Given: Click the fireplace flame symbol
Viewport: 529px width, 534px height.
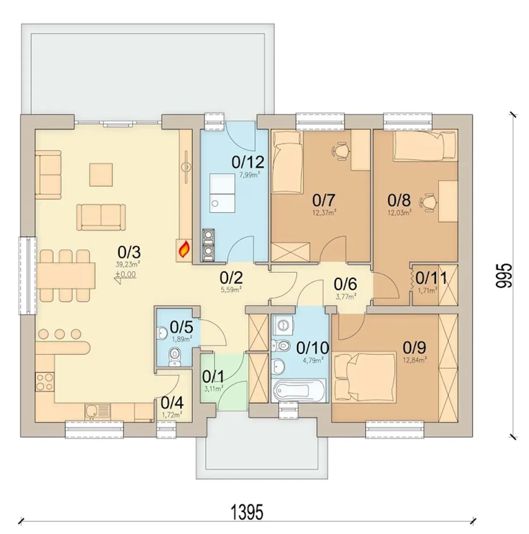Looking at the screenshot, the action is coord(184,249).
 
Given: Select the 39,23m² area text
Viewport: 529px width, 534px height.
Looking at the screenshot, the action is coord(127,264).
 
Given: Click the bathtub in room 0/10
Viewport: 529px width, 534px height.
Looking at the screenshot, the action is coord(298,391).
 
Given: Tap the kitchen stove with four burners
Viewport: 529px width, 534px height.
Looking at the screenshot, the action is coord(45,382).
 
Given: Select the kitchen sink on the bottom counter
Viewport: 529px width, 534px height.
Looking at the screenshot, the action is coord(97,412).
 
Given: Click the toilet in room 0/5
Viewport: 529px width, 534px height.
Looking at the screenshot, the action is coord(174,357).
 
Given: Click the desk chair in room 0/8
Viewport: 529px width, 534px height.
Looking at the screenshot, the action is coord(429,203).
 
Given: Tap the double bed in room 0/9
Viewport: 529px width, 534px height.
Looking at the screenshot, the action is coord(365,377).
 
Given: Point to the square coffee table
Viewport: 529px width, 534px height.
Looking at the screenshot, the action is coord(101,174).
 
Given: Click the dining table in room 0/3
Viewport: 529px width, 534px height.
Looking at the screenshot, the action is coord(66,275).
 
